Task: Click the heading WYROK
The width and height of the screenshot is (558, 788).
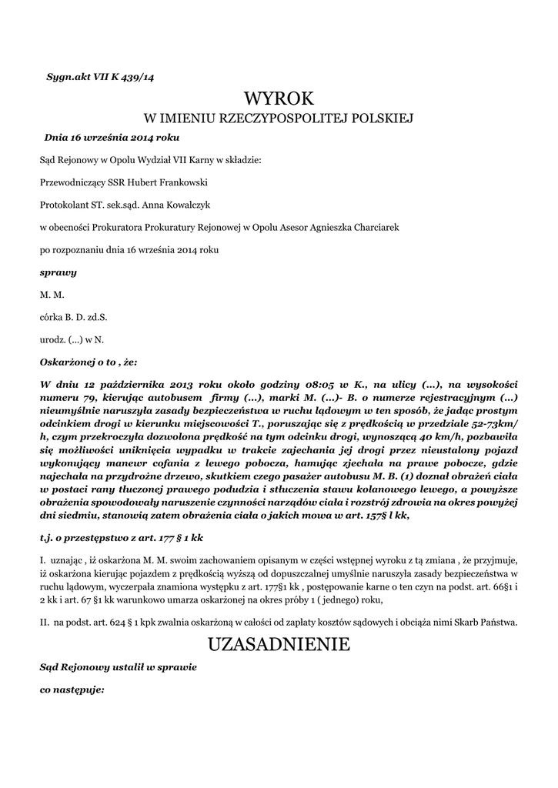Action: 279,98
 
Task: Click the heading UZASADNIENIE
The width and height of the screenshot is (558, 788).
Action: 279,645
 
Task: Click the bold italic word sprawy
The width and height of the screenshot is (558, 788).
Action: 58,272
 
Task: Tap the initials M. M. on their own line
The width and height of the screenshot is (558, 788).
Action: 52,294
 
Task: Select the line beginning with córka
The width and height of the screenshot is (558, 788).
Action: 73,316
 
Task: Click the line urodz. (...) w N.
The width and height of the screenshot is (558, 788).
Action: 71,339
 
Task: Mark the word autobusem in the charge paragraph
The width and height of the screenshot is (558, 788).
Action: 175,397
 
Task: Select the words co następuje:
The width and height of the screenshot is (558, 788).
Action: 72,689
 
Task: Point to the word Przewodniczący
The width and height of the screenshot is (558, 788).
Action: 74,182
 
